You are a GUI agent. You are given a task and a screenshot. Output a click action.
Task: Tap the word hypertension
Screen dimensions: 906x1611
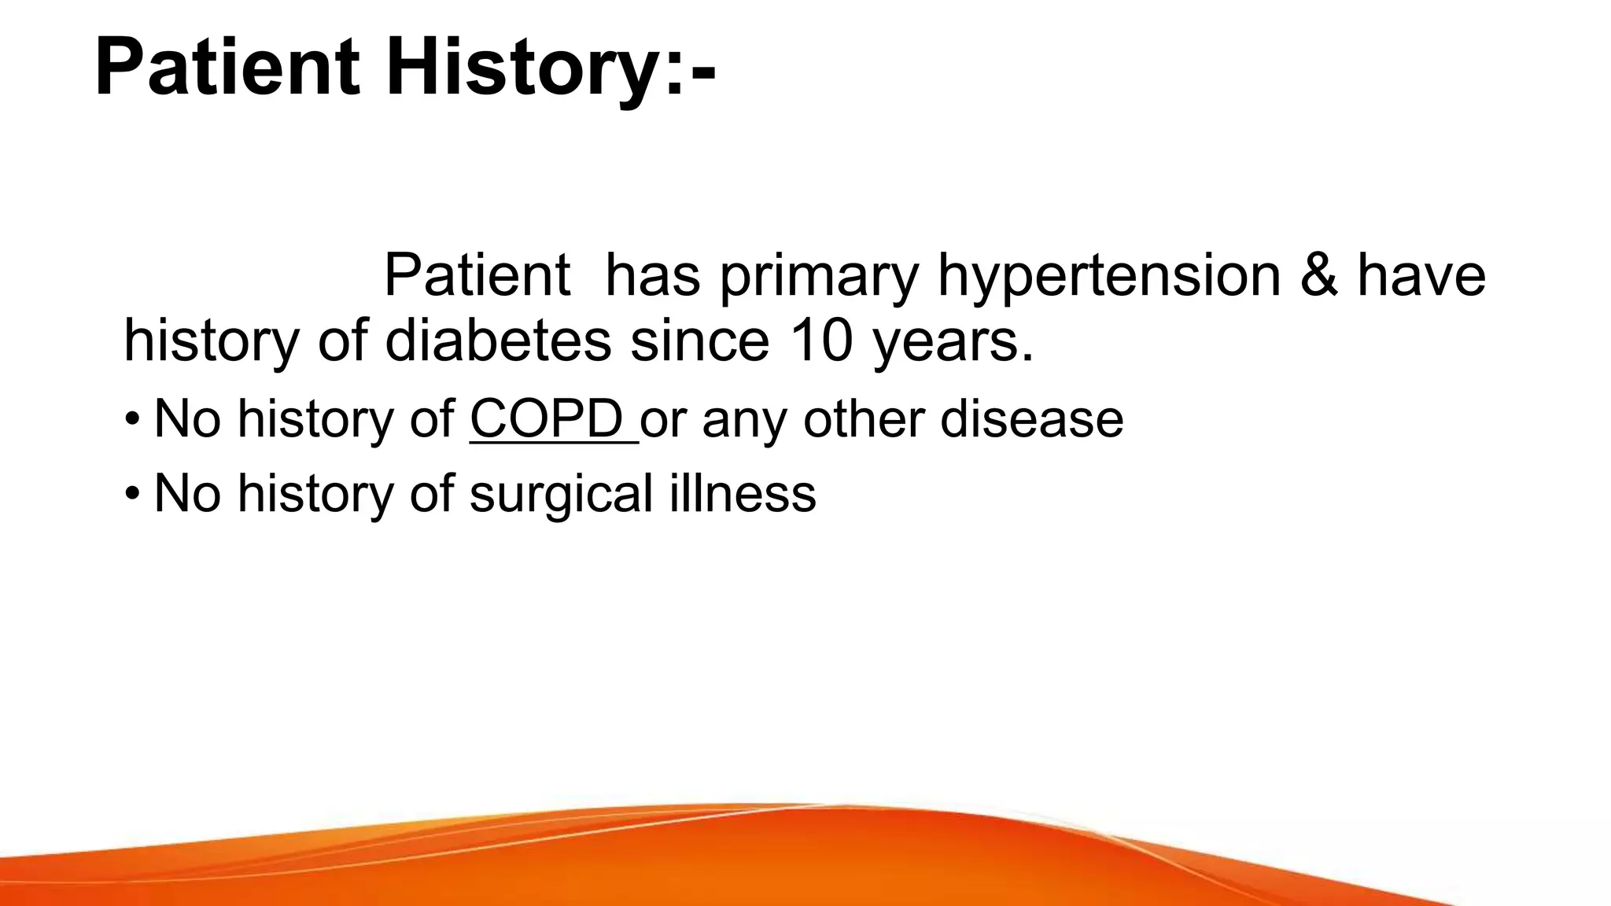pos(1109,277)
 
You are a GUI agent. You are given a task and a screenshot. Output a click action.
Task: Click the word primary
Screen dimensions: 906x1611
pos(819,277)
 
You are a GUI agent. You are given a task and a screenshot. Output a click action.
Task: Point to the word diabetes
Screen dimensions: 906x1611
pos(498,341)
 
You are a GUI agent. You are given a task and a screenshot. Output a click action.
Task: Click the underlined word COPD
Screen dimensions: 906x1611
pos(547,418)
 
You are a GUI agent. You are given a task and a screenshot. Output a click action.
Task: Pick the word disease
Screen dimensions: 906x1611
pos(1031,418)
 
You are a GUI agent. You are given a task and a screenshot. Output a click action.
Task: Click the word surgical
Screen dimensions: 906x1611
pos(561,494)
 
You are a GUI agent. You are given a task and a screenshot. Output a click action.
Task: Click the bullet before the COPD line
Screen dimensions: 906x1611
pos(132,418)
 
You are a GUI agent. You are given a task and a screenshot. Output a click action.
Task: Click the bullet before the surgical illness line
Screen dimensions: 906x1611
pos(132,494)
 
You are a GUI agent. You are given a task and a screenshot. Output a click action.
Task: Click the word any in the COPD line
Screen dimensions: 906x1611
pos(744,420)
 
